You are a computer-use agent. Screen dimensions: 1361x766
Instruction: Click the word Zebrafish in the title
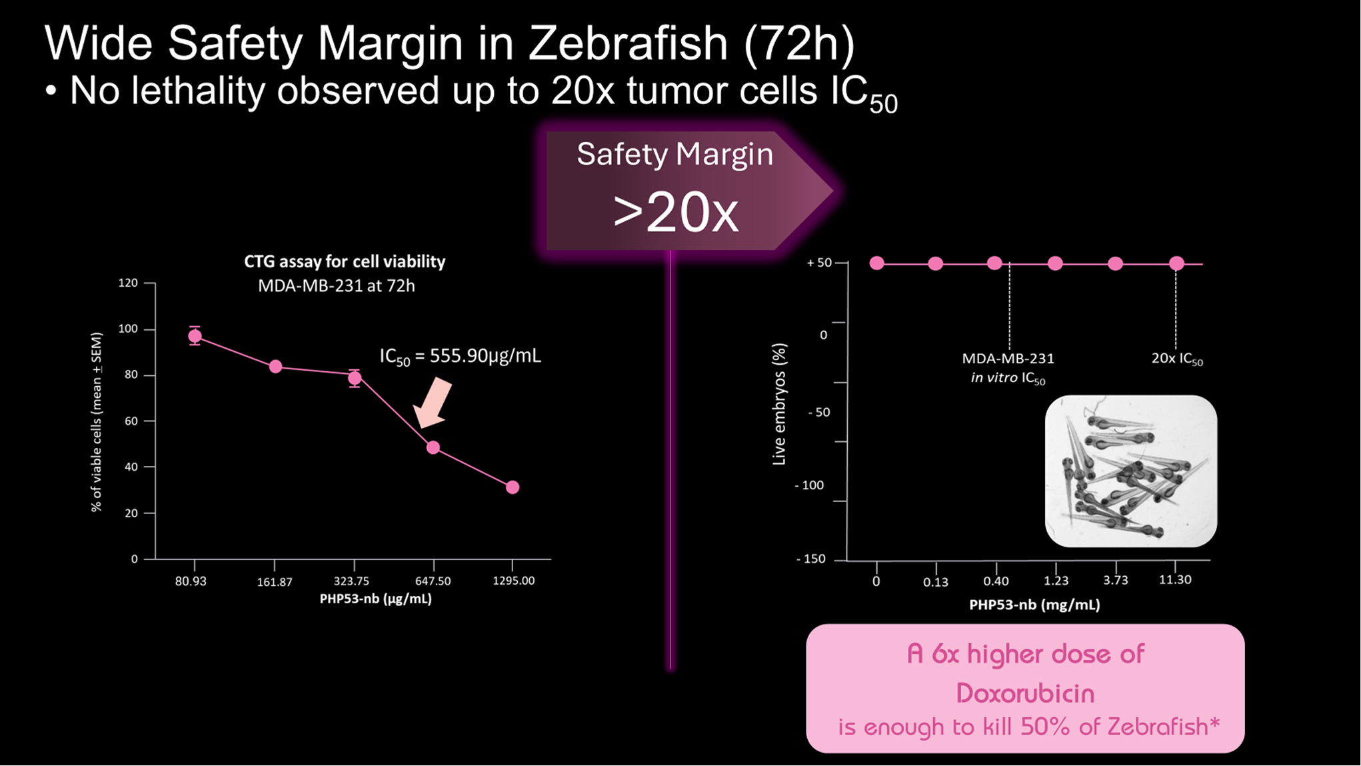click(629, 44)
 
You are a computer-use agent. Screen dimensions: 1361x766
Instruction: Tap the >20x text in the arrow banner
click(675, 213)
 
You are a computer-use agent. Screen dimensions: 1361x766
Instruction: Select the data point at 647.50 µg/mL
click(433, 447)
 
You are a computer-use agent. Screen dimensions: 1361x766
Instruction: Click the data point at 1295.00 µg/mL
click(513, 487)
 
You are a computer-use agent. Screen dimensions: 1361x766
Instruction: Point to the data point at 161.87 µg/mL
click(275, 367)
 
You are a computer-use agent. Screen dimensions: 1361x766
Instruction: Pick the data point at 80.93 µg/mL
click(195, 336)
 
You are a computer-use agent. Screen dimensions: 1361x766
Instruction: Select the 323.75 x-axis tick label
click(351, 581)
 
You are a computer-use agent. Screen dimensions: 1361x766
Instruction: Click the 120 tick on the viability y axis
click(128, 283)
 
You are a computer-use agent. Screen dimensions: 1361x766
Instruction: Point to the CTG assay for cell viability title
click(345, 261)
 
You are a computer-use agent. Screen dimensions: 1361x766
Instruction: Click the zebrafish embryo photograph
click(1131, 471)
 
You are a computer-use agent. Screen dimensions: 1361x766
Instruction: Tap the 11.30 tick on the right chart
click(1175, 579)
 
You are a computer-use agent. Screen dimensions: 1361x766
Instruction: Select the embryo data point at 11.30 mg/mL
click(1176, 263)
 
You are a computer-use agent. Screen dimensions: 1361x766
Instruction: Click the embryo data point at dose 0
click(876, 263)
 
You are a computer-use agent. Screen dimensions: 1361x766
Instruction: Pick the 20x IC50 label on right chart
click(1177, 359)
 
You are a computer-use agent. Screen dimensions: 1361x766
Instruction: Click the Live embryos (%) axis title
click(779, 404)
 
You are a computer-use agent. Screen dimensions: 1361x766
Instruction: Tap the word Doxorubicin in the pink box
click(1025, 693)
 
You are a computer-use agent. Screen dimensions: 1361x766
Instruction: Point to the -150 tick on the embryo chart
click(810, 559)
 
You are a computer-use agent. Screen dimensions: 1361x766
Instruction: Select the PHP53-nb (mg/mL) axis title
click(1034, 605)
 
